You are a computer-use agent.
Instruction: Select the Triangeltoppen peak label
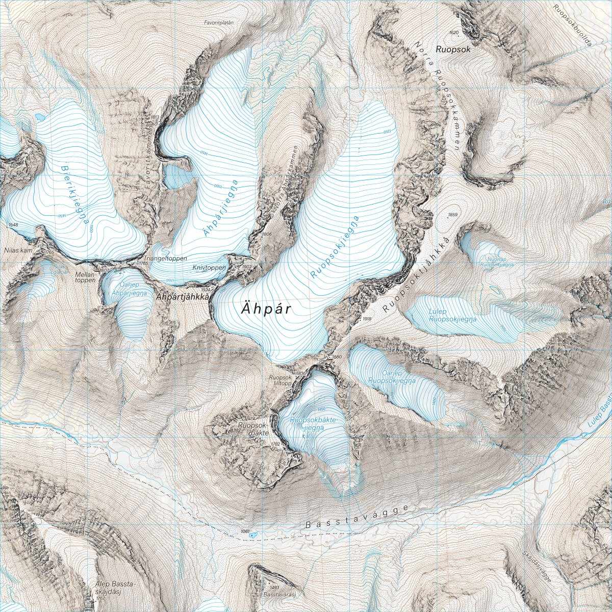(x=166, y=259)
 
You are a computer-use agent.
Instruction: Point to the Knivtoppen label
(x=206, y=267)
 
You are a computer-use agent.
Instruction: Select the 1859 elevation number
(x=452, y=214)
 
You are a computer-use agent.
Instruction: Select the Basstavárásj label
(x=280, y=595)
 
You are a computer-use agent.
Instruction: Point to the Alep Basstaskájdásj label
(x=109, y=586)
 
